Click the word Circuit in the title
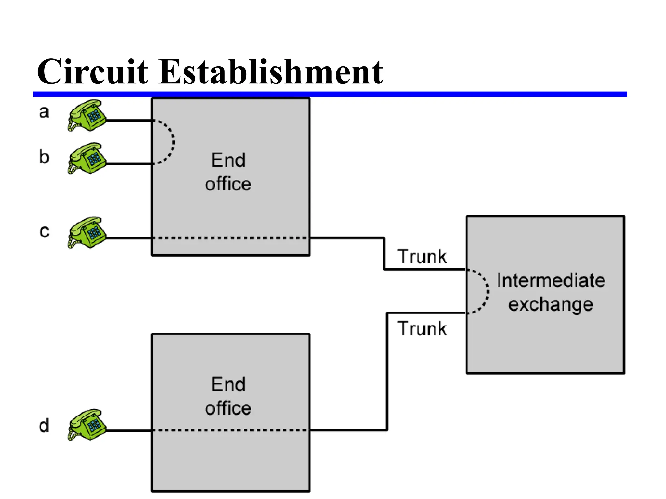coord(92,72)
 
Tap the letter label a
coord(44,112)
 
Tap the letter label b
coord(44,157)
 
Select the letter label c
coord(44,231)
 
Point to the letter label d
coord(44,425)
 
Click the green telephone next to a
coord(87,116)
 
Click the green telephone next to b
coord(87,159)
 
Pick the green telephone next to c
coord(87,233)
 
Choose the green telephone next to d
coord(87,425)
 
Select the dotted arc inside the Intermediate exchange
coord(487,291)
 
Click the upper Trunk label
coord(422,257)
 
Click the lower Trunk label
coord(422,328)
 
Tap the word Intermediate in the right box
coord(551,280)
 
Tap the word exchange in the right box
coord(551,305)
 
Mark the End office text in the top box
coord(228,172)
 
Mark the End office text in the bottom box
coord(228,396)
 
